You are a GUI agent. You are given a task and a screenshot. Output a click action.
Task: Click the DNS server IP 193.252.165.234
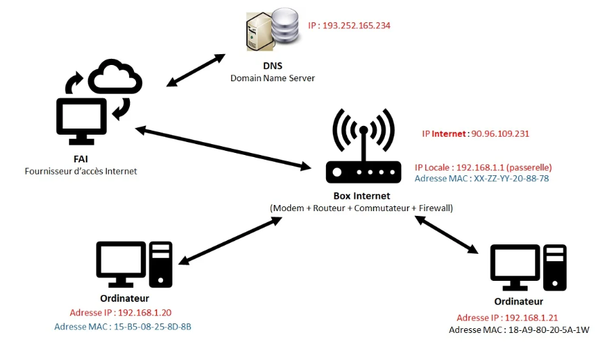tap(356, 26)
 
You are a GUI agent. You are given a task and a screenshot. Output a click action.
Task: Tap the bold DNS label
tap(273, 66)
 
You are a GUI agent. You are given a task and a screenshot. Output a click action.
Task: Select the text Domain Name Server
tap(273, 78)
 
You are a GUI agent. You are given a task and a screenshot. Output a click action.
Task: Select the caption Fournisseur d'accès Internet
tap(80, 171)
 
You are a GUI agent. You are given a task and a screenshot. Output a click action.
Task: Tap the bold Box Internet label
tap(362, 196)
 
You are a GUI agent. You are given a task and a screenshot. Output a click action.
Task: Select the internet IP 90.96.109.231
tap(499, 134)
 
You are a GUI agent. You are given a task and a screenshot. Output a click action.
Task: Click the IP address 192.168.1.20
tap(144, 313)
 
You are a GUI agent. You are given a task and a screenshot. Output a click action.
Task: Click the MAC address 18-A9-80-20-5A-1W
tap(547, 330)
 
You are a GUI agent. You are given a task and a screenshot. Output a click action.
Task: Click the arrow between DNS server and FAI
tap(195, 70)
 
